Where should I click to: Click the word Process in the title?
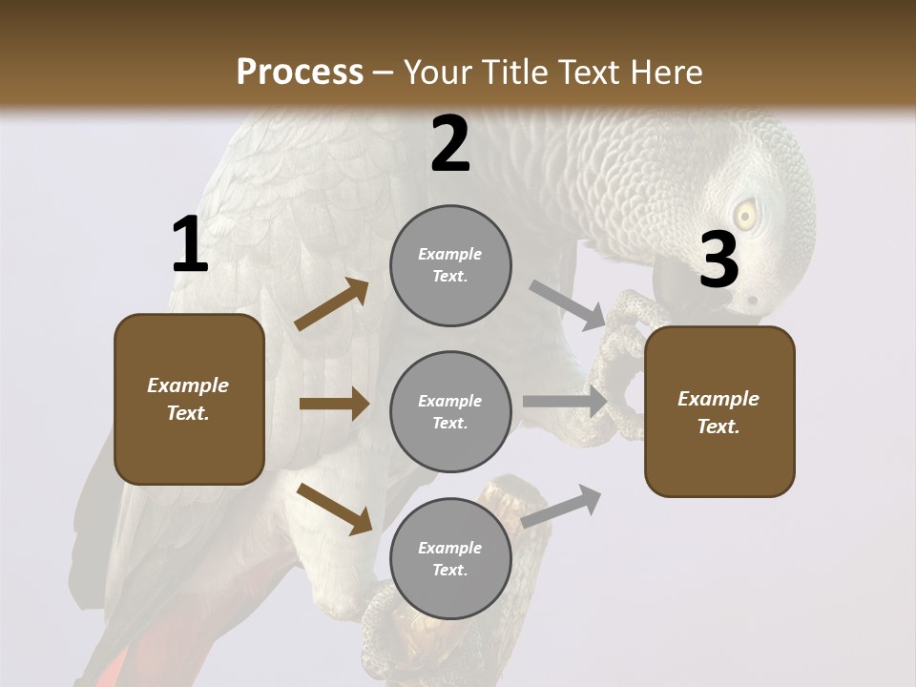click(300, 72)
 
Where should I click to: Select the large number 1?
click(190, 245)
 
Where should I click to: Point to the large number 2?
click(450, 144)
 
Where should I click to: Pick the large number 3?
click(718, 260)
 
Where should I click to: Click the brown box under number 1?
click(189, 399)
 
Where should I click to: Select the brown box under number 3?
click(719, 411)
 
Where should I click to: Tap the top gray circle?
click(450, 265)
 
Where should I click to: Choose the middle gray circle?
click(450, 411)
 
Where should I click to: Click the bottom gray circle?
click(450, 558)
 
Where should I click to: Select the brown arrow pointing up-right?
click(332, 304)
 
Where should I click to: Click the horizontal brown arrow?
click(334, 404)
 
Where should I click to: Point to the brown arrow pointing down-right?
click(334, 509)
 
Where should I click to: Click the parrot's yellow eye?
click(745, 215)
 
